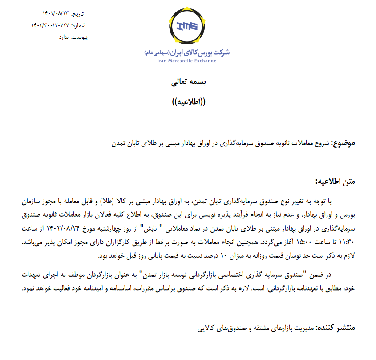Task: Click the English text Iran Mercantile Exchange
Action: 187,61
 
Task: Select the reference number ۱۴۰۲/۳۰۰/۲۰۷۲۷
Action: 49,25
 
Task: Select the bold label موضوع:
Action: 343,143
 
